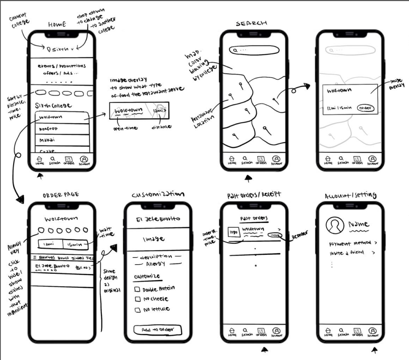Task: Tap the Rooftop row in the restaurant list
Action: (62, 129)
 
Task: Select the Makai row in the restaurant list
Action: (62, 140)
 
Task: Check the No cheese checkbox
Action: (137, 299)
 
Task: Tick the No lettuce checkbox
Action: (137, 310)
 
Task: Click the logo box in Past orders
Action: (233, 232)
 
